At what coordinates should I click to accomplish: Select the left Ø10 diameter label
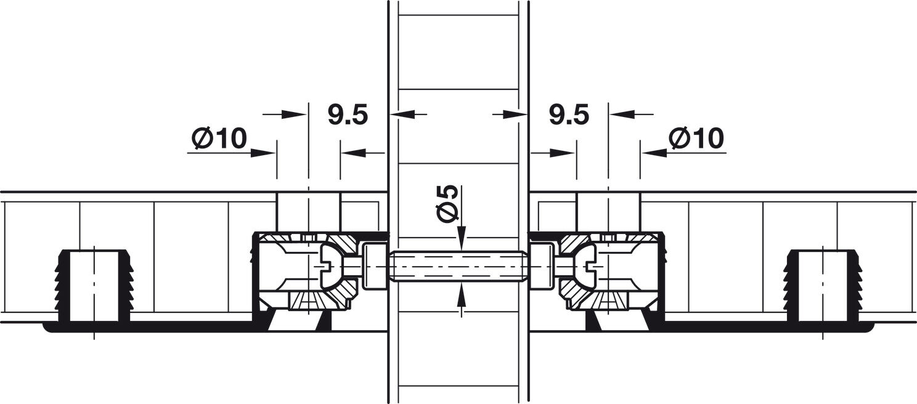pyautogui.click(x=219, y=139)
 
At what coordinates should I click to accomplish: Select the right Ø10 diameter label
pyautogui.click(x=696, y=139)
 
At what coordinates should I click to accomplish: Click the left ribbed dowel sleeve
pyautogui.click(x=94, y=285)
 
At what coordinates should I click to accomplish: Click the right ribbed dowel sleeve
pyautogui.click(x=823, y=285)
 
